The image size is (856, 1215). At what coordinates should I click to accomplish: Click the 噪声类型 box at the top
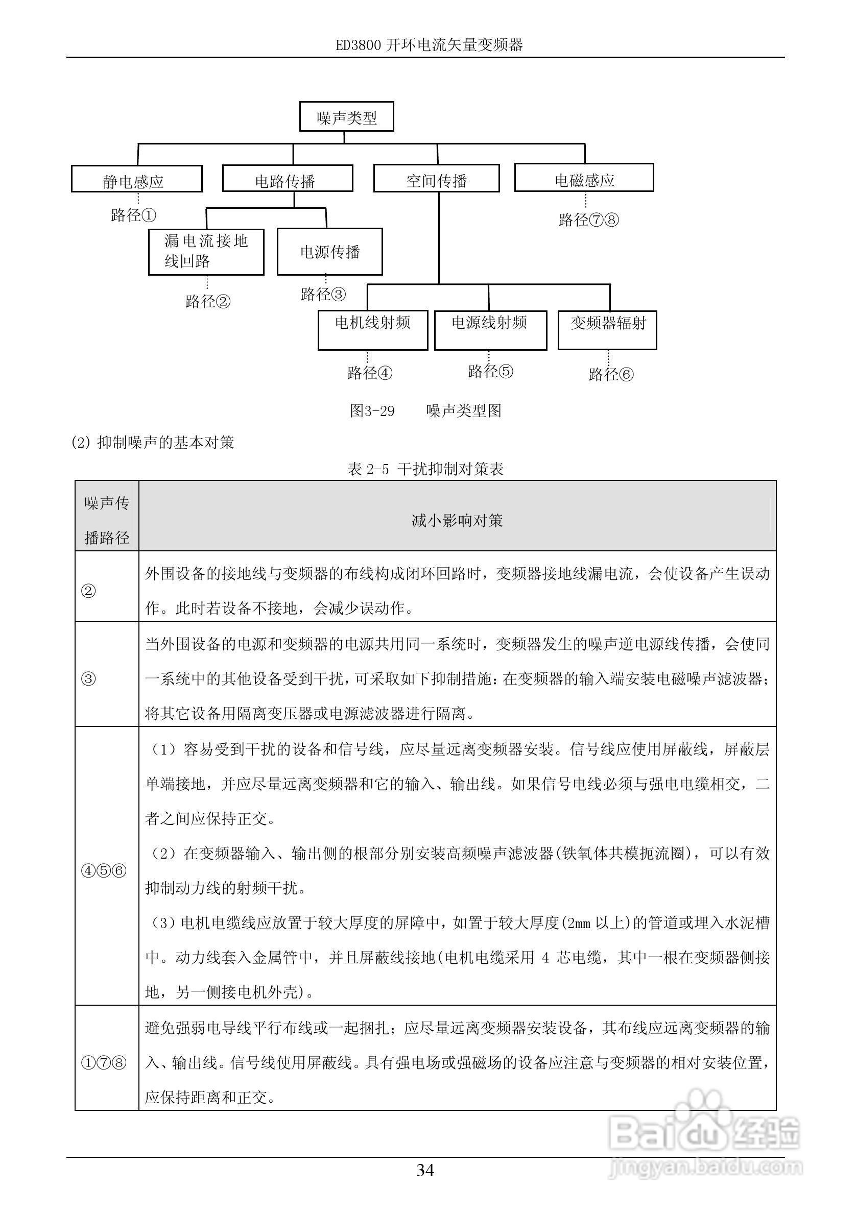pyautogui.click(x=346, y=117)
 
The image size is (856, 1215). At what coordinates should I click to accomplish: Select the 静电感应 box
pyautogui.click(x=136, y=179)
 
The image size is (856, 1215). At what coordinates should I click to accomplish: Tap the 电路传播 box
pyautogui.click(x=288, y=179)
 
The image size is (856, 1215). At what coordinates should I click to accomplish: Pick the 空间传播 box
pyautogui.click(x=436, y=179)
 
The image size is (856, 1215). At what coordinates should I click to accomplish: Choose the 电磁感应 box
pyautogui.click(x=584, y=178)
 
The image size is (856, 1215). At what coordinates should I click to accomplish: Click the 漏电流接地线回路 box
pyautogui.click(x=206, y=251)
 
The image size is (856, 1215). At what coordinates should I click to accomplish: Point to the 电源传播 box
pyautogui.click(x=330, y=252)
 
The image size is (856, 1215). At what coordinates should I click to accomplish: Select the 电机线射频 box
pyautogui.click(x=373, y=330)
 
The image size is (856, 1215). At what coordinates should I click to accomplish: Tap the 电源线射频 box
pyautogui.click(x=490, y=330)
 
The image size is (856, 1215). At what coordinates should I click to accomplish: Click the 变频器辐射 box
pyautogui.click(x=607, y=330)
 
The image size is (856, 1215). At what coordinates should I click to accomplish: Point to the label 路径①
pyautogui.click(x=134, y=215)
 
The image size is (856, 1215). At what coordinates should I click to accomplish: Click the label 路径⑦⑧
pyautogui.click(x=588, y=220)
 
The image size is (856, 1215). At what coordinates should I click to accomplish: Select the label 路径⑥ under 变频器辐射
pyautogui.click(x=611, y=375)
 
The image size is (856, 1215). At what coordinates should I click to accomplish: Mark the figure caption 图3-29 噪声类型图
pyautogui.click(x=425, y=410)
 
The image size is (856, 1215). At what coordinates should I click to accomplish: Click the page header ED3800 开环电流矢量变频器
pyautogui.click(x=429, y=45)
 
